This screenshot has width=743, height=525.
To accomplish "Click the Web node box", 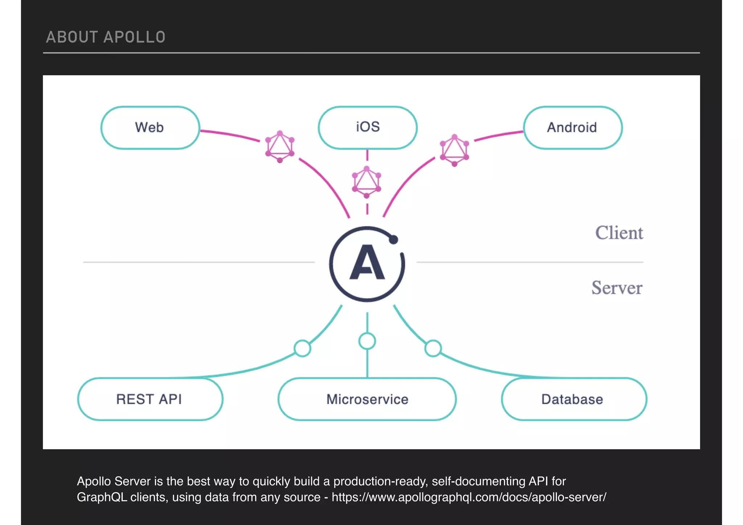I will tap(150, 128).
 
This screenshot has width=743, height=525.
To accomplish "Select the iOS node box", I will tap(368, 127).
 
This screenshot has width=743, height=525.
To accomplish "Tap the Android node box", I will tap(572, 128).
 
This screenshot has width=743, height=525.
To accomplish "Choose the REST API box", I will tap(150, 399).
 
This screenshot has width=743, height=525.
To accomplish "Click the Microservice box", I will tap(367, 399).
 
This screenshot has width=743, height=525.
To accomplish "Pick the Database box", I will tap(573, 399).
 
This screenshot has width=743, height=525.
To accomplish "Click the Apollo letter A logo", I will tap(367, 263).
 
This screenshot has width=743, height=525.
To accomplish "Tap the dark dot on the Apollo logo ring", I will tap(393, 240).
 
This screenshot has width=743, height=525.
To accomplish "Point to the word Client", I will tap(619, 233).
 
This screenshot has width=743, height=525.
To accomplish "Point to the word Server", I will tap(617, 288).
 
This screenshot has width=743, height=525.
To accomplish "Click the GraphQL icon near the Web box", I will tap(280, 147).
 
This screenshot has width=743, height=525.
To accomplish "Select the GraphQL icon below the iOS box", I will tap(366, 182).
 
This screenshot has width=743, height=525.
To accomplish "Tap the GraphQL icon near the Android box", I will tap(454, 150).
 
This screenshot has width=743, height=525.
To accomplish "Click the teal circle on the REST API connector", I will tap(302, 348).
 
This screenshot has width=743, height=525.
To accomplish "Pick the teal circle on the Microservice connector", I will tap(367, 341).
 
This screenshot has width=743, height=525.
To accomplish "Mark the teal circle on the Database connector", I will tap(433, 348).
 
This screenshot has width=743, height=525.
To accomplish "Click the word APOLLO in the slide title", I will tap(134, 37).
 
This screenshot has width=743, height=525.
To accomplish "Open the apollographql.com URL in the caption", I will tap(469, 497).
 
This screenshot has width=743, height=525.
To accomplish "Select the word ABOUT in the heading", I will tap(72, 37).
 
